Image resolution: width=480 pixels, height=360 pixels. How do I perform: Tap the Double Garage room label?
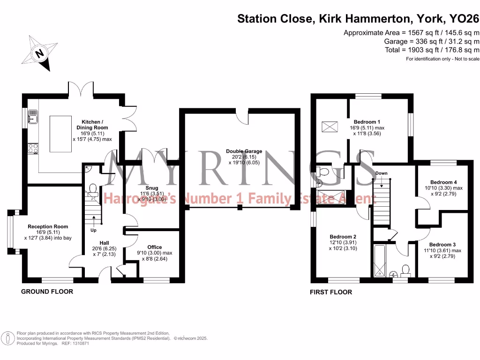tap(244, 151)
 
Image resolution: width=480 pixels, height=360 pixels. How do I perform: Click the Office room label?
tap(154, 247)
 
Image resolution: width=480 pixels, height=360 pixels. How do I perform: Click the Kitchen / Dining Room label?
tap(92, 124)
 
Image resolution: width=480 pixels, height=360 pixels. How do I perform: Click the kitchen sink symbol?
tap(33, 116)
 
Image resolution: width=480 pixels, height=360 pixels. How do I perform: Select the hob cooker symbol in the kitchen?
tap(33, 148)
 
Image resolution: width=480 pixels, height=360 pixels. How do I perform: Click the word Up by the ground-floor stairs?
tap(93, 231)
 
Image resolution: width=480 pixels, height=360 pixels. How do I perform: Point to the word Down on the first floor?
tap(381, 173)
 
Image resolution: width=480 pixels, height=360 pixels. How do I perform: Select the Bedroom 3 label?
tap(442, 245)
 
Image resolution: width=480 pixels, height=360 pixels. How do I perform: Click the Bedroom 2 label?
tap(343, 237)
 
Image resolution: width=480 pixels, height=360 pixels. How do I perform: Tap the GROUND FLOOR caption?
tap(47, 292)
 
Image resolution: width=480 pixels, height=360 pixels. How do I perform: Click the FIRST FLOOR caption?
tap(331, 292)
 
